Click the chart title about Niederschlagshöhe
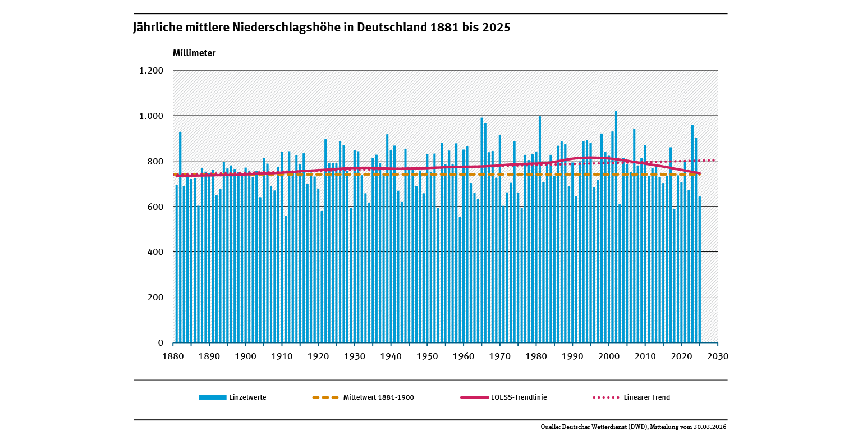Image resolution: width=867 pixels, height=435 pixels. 322,28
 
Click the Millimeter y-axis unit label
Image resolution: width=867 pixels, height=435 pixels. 194,53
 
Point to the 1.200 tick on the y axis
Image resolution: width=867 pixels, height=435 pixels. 152,71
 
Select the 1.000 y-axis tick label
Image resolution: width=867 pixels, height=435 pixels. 152,116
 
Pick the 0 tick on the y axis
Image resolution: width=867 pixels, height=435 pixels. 160,343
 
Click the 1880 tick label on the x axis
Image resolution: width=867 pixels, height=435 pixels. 173,356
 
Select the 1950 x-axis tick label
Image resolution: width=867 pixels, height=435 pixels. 427,356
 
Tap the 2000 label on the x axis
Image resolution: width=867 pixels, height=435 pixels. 609,356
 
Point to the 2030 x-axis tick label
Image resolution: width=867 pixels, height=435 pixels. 718,356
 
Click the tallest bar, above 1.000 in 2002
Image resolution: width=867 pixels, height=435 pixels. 616,225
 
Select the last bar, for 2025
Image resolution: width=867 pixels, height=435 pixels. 700,269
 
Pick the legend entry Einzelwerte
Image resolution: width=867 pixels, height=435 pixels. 247,397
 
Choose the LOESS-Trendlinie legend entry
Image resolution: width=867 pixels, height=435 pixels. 519,397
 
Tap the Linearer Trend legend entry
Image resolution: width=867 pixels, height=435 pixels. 646,397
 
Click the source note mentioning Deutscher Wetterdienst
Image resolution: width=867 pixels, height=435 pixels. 634,427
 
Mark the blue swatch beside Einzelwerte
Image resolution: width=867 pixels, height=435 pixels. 213,397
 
